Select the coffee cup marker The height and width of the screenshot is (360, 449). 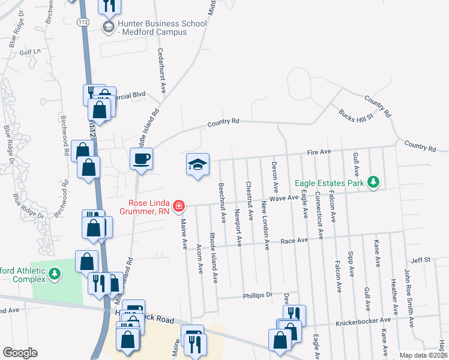pos(141,159)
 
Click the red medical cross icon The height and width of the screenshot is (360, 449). pos(178,206)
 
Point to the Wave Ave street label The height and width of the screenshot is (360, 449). pos(284,197)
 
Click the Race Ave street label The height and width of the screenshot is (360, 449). pos(294,241)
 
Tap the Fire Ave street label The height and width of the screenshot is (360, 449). pos(320,152)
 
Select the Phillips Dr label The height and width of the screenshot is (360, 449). pos(258,295)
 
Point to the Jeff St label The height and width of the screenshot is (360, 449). pos(421,260)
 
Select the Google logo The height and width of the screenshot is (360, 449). pos(20,353)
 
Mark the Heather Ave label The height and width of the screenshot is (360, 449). pos(394,297)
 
